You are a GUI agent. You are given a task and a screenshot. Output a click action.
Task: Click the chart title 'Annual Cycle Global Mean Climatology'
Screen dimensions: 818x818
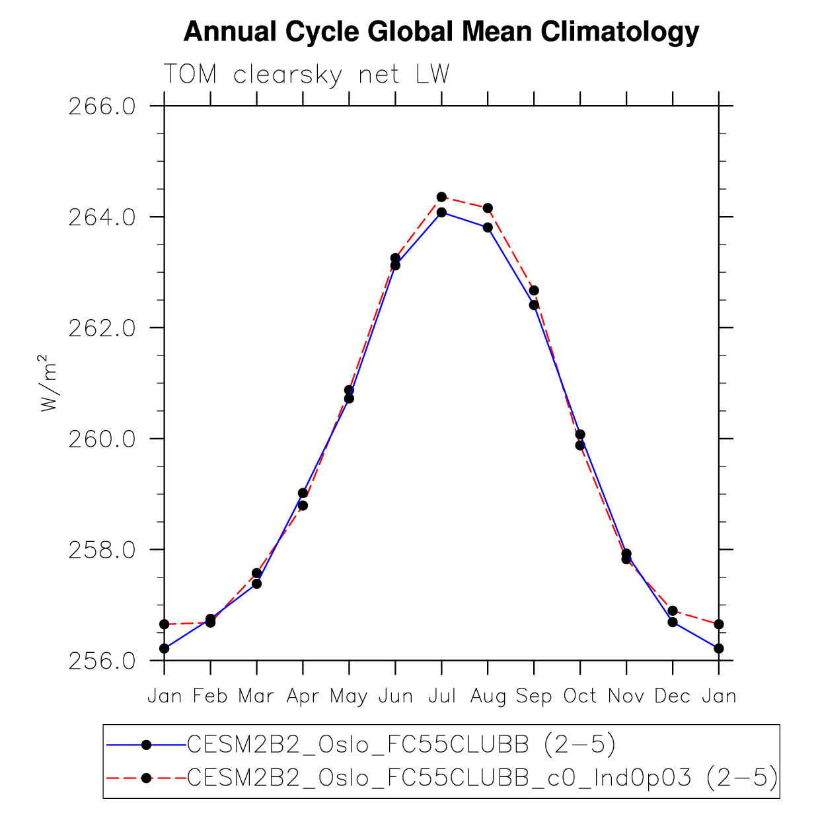[441, 32]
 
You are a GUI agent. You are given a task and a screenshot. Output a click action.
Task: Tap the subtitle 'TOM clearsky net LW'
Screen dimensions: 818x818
[306, 75]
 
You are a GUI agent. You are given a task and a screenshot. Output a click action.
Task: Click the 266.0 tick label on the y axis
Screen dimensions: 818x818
[102, 106]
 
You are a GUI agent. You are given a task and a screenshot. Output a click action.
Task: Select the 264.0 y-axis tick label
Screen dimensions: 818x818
[102, 217]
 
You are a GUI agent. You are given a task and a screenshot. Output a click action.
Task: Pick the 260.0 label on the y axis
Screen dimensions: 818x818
[102, 439]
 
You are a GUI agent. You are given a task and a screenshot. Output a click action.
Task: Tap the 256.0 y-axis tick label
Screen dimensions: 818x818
[102, 661]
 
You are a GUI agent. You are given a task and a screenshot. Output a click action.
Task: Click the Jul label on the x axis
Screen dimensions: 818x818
[441, 696]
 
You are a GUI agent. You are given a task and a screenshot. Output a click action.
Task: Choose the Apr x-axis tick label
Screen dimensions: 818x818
[303, 696]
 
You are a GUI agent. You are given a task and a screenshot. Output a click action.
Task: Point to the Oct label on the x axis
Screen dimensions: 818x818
[580, 696]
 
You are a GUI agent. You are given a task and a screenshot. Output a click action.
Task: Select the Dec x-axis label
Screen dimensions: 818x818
[673, 696]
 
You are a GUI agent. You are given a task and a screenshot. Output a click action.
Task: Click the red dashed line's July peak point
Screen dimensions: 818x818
[441, 197]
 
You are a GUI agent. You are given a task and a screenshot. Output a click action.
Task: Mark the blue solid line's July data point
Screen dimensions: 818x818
[441, 212]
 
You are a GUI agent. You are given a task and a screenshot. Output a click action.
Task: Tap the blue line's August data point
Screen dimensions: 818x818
[488, 227]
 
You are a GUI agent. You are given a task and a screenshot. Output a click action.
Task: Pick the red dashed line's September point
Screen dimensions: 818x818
[534, 291]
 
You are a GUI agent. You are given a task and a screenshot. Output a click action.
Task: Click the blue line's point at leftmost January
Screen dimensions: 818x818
[164, 648]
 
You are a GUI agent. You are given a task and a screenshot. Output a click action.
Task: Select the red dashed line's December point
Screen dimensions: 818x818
[673, 611]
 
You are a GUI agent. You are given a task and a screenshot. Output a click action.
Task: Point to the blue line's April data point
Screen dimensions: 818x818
[303, 493]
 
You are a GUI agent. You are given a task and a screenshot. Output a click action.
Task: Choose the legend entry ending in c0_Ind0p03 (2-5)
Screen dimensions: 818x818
[482, 778]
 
